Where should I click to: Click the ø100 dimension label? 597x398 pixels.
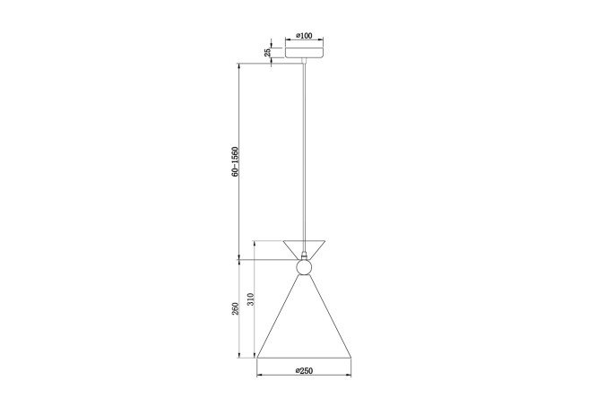(x=304, y=36)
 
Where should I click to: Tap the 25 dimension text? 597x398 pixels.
(x=268, y=52)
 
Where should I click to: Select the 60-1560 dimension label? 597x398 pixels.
(x=235, y=161)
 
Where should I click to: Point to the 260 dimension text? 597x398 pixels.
(x=235, y=308)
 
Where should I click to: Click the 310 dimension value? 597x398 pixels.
(x=250, y=299)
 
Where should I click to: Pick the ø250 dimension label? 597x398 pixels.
(x=304, y=370)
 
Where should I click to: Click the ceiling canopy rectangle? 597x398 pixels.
(x=304, y=52)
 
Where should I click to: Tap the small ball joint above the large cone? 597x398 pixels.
(x=304, y=267)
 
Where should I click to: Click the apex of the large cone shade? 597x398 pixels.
(x=304, y=275)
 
